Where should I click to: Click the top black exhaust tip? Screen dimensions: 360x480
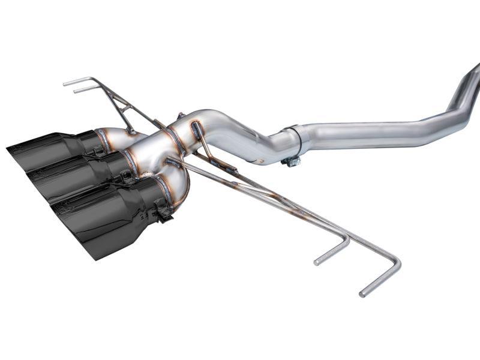pyautogui.click(x=48, y=148)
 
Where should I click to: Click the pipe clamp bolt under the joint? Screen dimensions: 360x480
pyautogui.click(x=292, y=160)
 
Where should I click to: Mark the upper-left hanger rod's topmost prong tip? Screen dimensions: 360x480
pyautogui.click(x=65, y=83)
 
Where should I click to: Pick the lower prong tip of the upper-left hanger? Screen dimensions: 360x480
pyautogui.click(x=76, y=91)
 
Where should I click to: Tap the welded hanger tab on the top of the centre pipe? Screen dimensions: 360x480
pyautogui.click(x=195, y=128)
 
